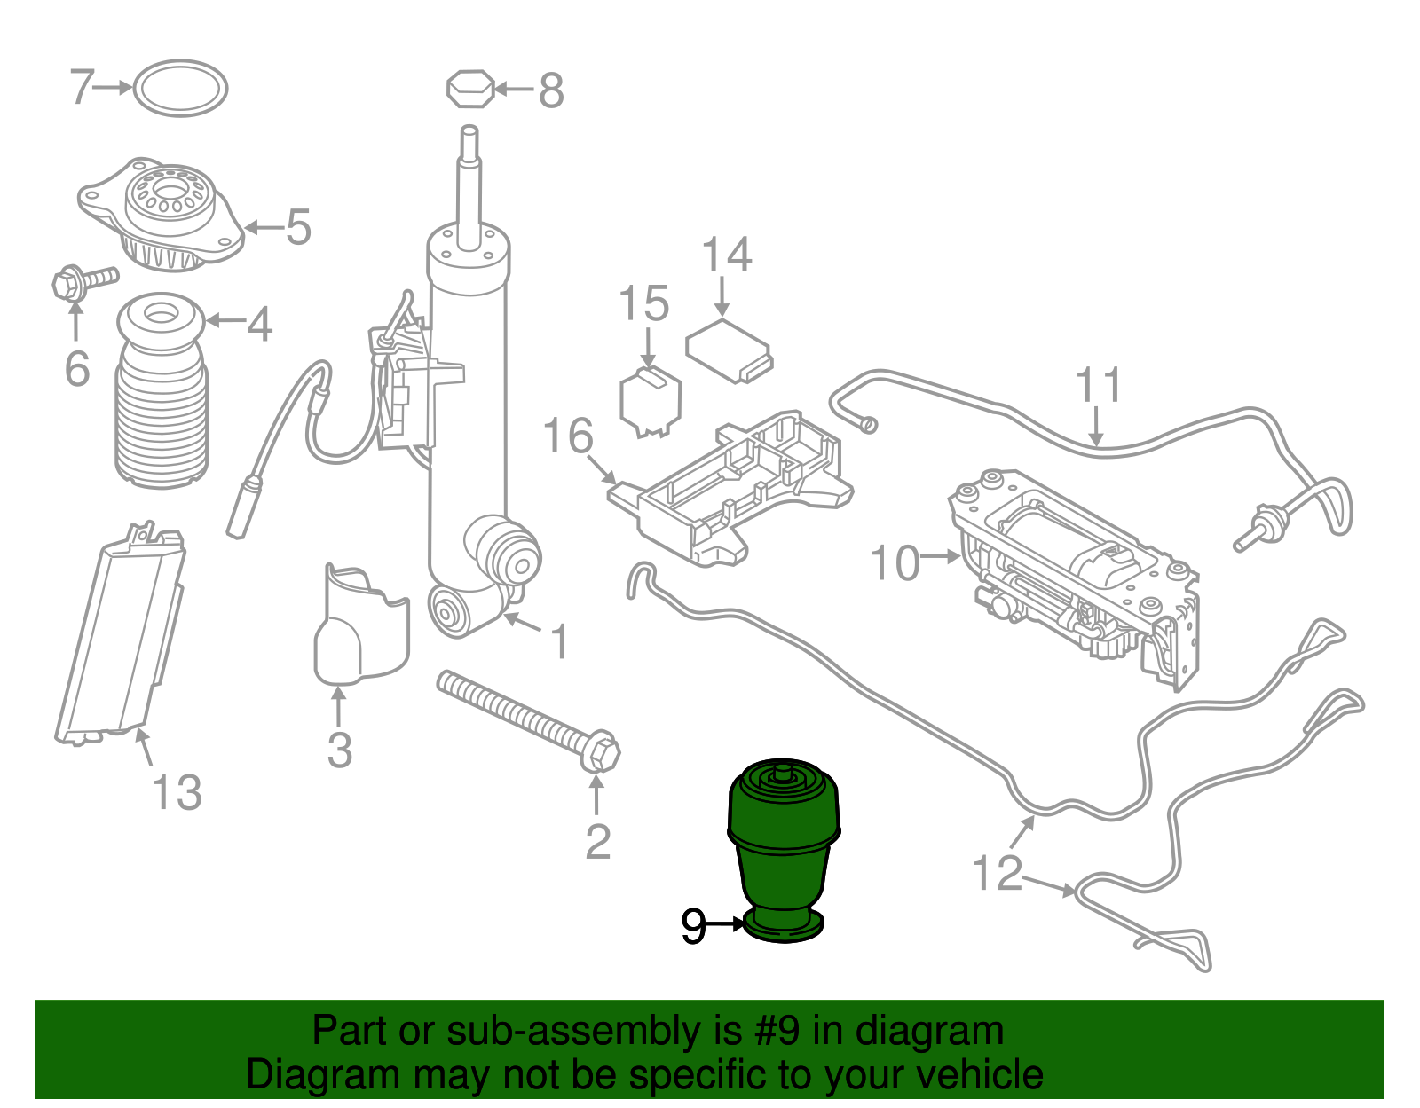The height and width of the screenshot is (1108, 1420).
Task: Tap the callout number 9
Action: click(x=693, y=925)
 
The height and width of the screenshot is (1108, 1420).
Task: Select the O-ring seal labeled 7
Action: click(x=180, y=88)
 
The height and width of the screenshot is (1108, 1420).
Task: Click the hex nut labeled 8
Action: click(x=469, y=89)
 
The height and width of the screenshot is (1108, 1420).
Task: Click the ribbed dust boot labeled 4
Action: click(x=162, y=391)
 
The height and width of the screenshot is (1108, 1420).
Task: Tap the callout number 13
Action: click(x=177, y=793)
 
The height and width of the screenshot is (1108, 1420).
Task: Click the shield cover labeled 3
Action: click(x=361, y=625)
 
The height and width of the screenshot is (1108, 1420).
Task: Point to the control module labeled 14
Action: click(x=730, y=351)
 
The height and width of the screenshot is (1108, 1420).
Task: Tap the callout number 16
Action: click(x=569, y=436)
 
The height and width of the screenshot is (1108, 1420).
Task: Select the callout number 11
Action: click(x=1099, y=385)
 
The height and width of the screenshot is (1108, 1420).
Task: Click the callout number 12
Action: click(x=997, y=872)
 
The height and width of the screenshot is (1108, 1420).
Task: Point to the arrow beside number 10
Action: click(x=941, y=557)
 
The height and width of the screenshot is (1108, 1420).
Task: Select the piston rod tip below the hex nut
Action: click(x=469, y=140)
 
